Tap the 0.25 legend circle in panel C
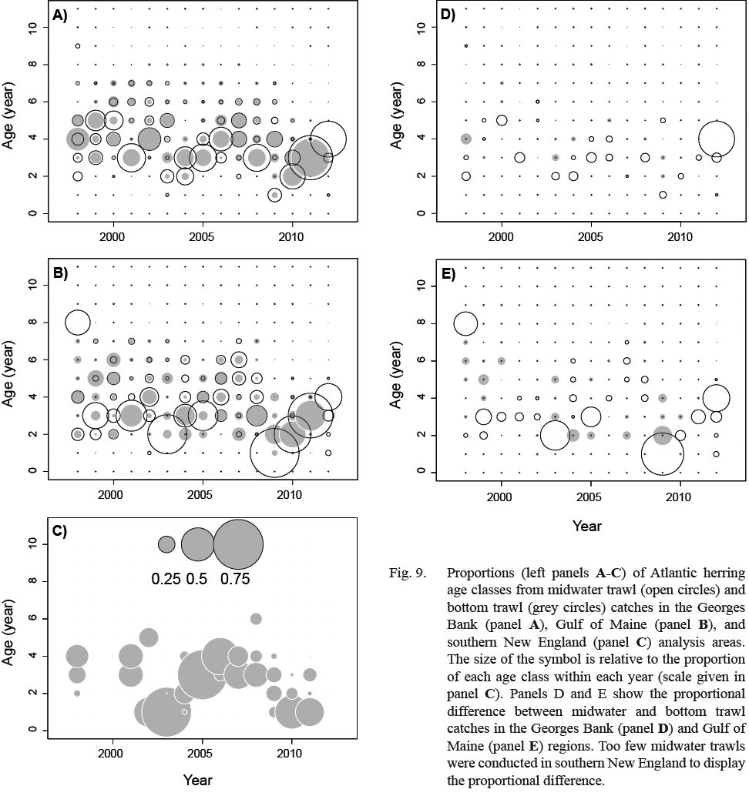click(x=166, y=544)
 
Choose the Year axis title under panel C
click(x=197, y=780)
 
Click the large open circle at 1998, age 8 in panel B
click(x=77, y=322)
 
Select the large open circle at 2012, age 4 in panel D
click(x=716, y=139)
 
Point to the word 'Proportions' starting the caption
click(x=479, y=573)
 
